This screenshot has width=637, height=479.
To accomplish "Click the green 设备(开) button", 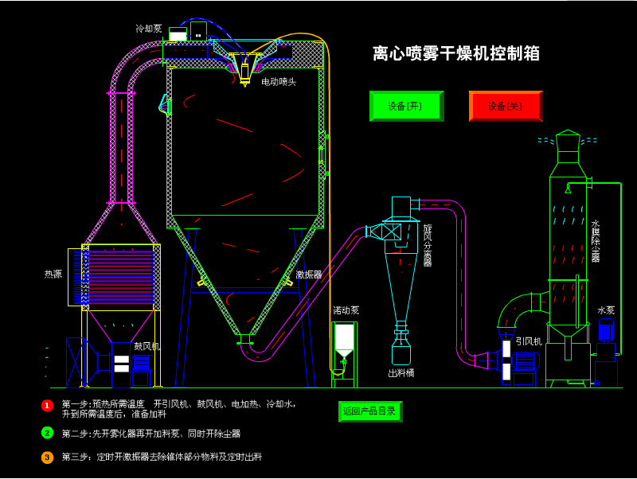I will click(406, 106).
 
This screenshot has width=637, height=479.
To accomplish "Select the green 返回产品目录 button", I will click(370, 411).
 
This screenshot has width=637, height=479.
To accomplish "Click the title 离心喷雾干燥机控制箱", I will click(456, 53).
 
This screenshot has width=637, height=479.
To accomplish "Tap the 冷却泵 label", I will click(149, 29).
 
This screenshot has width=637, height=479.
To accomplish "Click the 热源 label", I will click(53, 275).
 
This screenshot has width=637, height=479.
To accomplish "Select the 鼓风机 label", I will click(147, 346).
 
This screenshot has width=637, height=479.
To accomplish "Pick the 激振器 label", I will click(309, 275).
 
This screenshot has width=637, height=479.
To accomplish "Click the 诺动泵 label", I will click(346, 310).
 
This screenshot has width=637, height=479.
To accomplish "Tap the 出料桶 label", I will click(401, 373).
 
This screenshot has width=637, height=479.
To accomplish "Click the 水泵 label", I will click(606, 310).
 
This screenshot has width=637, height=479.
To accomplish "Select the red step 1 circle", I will click(47, 406).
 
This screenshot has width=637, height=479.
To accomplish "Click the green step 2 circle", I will click(47, 433).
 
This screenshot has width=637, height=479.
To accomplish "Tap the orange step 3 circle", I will click(47, 458).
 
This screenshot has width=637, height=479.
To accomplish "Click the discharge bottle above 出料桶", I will click(401, 351).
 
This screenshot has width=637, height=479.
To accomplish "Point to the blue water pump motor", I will click(606, 329).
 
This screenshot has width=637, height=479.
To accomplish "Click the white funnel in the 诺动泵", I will click(344, 337).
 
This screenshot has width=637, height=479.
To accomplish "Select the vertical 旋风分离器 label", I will click(428, 245).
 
